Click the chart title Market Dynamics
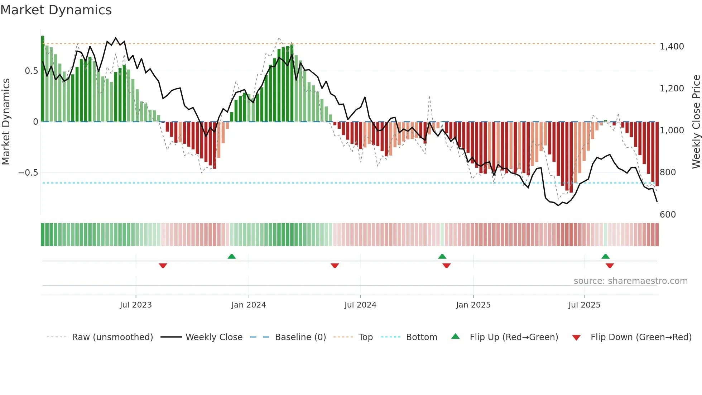(x=56, y=10)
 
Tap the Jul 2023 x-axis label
(x=136, y=305)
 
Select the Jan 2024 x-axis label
(x=249, y=305)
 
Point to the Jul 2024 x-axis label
(x=360, y=305)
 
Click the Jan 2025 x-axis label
(x=473, y=305)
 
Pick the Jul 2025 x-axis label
(x=584, y=305)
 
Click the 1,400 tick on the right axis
(x=672, y=47)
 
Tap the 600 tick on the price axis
(x=668, y=215)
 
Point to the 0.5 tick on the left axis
(x=31, y=71)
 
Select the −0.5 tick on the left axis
(x=28, y=173)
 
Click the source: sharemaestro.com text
(x=630, y=281)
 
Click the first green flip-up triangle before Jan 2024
(x=232, y=256)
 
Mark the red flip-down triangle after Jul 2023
(x=163, y=266)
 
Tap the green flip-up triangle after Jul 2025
(x=605, y=256)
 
